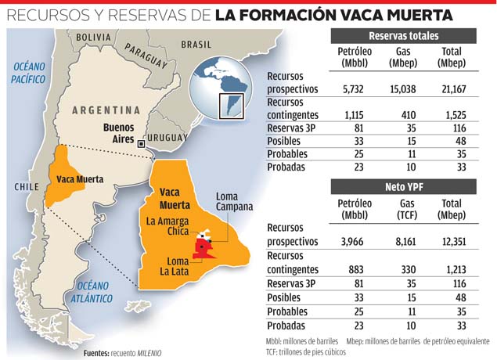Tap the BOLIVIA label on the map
pyautogui.click(x=94, y=37)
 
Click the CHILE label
pyautogui.click(x=28, y=186)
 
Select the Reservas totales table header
pyautogui.click(x=403, y=36)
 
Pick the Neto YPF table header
pyautogui.click(x=403, y=186)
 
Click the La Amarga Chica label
pyautogui.click(x=167, y=227)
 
